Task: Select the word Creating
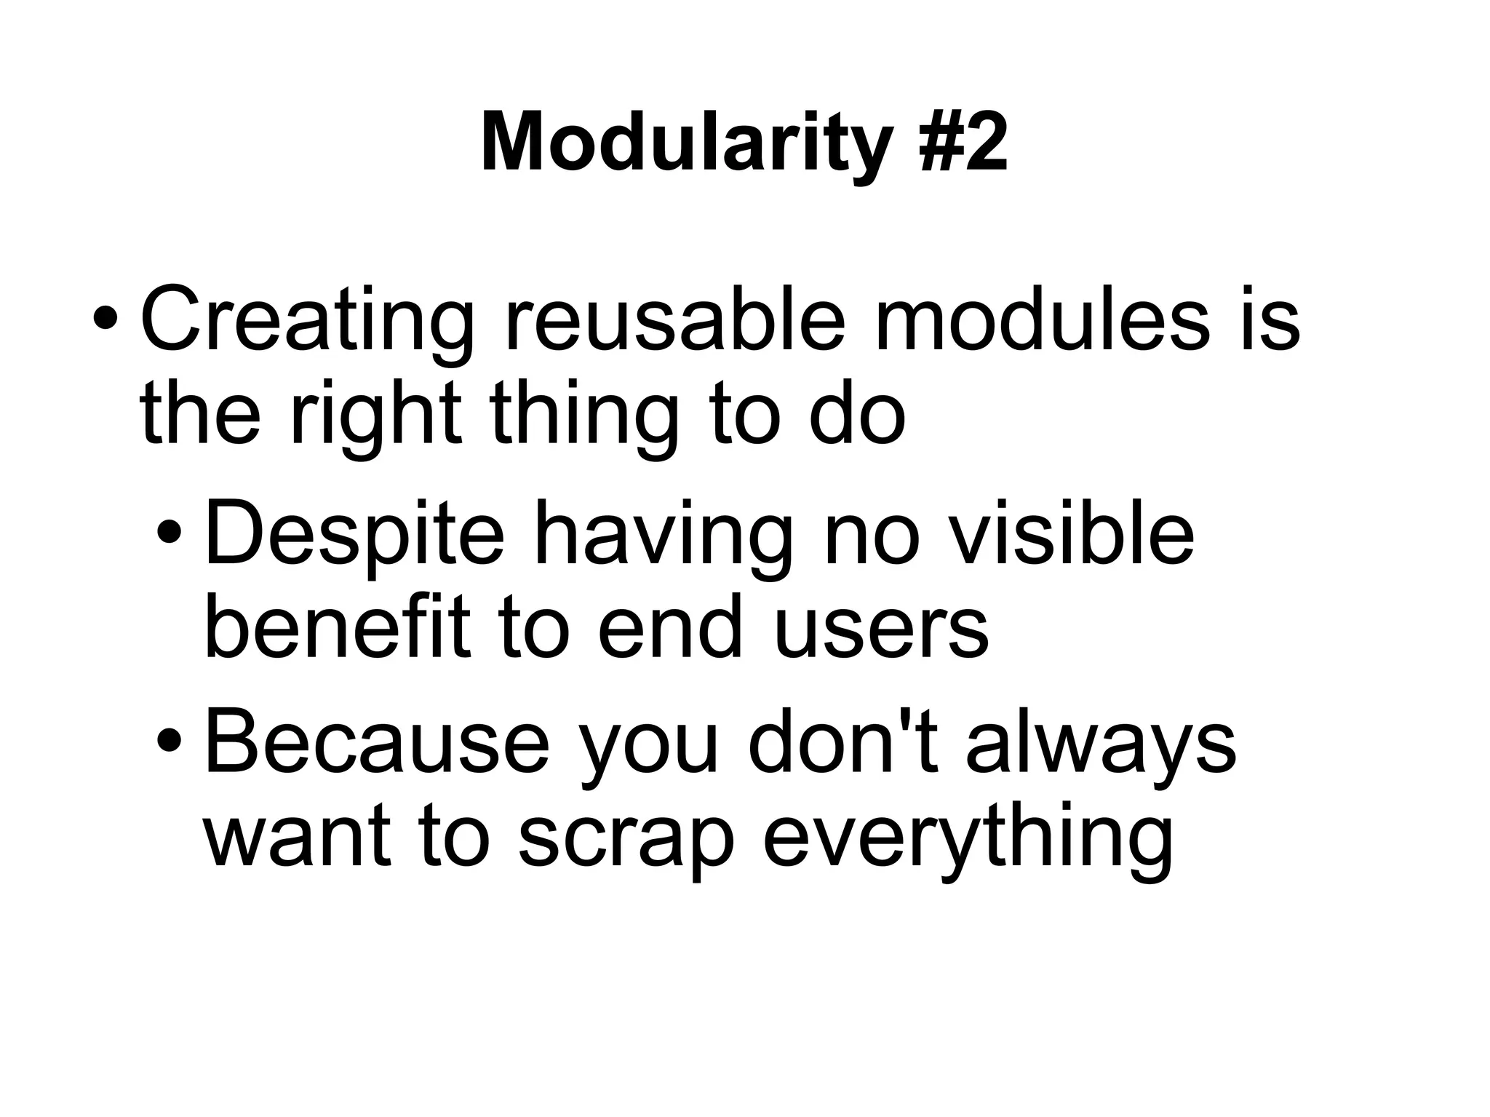pos(306,320)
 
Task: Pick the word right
pos(375,416)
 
